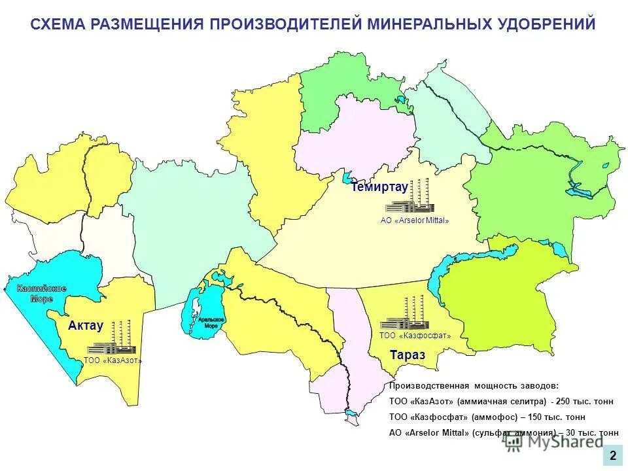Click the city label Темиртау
point(379,187)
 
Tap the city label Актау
point(86,326)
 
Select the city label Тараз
point(407,355)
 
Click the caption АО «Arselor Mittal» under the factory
point(415,220)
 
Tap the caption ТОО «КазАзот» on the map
point(113,360)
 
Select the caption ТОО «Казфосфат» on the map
point(415,336)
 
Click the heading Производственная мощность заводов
point(474,386)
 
